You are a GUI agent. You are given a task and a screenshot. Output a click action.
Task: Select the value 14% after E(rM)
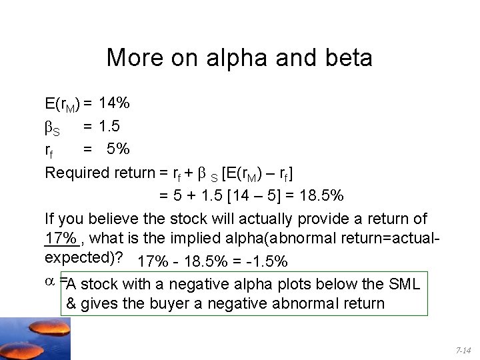coord(114,103)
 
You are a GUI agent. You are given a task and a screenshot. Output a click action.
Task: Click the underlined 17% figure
coord(60,238)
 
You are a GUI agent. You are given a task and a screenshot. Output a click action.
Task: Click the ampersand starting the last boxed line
coord(71,304)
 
